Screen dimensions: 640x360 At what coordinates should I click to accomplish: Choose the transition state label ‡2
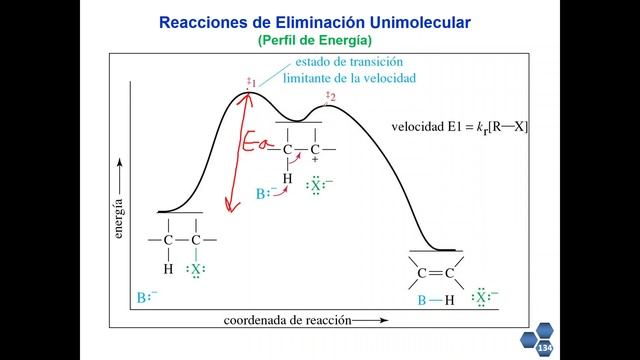[330, 96]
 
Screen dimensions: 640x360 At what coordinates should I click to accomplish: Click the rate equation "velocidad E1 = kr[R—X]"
[460, 127]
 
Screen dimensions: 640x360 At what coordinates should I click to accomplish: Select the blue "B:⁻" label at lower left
[147, 298]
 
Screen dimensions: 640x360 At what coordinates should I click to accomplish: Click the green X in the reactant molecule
[196, 270]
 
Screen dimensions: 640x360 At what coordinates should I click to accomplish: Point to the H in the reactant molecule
[168, 270]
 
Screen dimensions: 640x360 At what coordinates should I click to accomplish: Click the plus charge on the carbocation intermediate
[315, 160]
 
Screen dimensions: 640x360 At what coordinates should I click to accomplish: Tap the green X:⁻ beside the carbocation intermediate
[318, 185]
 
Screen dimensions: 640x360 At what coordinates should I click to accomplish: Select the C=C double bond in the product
[435, 272]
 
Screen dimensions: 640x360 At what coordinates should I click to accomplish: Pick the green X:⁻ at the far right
[484, 297]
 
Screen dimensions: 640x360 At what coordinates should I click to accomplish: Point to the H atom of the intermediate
[287, 179]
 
